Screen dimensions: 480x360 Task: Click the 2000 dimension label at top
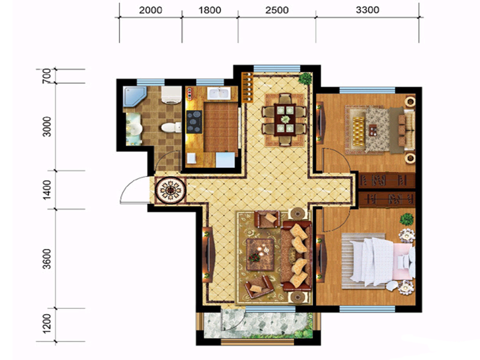[150, 10]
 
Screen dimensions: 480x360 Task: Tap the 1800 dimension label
[210, 10]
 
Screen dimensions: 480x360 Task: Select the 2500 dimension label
[277, 10]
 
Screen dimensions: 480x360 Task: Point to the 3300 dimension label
[367, 10]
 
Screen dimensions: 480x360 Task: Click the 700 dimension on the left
[46, 76]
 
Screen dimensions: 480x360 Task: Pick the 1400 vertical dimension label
[47, 190]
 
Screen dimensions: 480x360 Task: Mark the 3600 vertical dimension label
[47, 259]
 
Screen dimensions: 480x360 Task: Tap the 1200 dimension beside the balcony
[47, 323]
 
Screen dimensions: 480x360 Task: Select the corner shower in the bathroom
[134, 96]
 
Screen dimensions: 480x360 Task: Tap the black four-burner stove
[195, 122]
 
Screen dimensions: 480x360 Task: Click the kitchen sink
[218, 93]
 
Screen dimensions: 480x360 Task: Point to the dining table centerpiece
[285, 119]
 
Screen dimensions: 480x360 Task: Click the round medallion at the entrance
[171, 191]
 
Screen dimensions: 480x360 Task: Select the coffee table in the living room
[260, 255]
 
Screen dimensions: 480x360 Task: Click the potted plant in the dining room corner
[305, 79]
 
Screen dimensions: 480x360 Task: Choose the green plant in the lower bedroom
[406, 219]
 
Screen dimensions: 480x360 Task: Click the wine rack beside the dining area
[247, 87]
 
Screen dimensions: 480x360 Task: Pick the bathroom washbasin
[134, 129]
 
